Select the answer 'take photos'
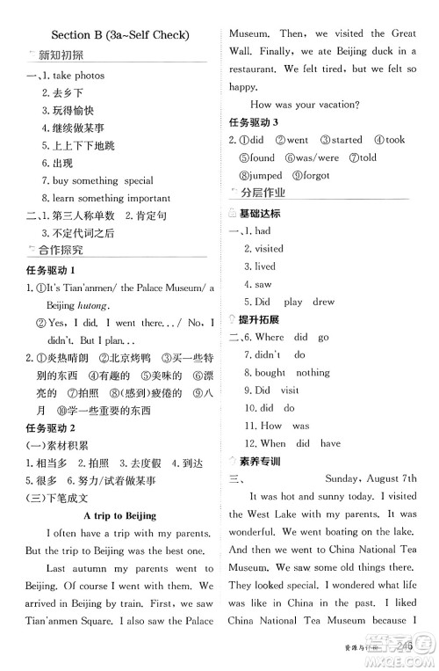tap(78, 76)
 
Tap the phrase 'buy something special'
tap(97, 180)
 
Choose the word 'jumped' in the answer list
tap(264, 175)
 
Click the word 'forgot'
tap(315, 175)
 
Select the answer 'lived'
tap(264, 266)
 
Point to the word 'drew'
tap(323, 302)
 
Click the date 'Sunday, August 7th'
tap(371, 478)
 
